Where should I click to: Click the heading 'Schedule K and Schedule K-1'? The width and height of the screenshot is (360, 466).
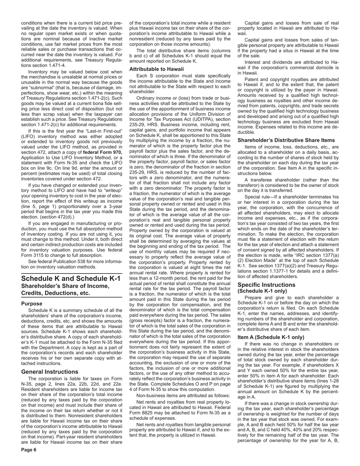click(71, 279)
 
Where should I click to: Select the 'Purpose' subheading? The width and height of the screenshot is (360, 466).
click(32, 303)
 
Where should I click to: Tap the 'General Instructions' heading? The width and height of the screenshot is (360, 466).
click(50, 372)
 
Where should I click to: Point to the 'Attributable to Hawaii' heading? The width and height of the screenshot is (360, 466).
click(157, 69)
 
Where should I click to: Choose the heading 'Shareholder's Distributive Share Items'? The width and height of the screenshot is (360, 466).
click(286, 140)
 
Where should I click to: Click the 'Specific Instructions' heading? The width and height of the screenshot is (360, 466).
click(266, 285)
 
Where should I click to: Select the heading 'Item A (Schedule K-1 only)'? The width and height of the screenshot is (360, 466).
click(271, 337)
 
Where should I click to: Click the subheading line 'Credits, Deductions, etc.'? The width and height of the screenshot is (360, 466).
click(56, 293)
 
